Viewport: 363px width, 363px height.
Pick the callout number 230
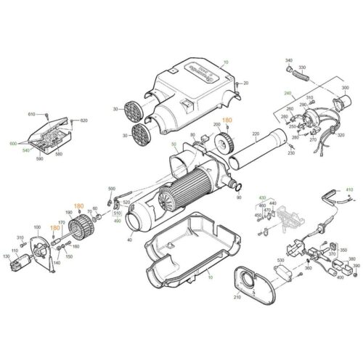point(291,152)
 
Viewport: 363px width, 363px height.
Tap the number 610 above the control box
point(32,115)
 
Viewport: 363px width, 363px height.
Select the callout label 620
point(83,120)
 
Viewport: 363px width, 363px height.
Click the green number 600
point(12,144)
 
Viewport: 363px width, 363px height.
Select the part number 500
point(111,188)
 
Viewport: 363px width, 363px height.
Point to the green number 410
point(348,189)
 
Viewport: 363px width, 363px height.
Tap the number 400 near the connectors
point(338,277)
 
